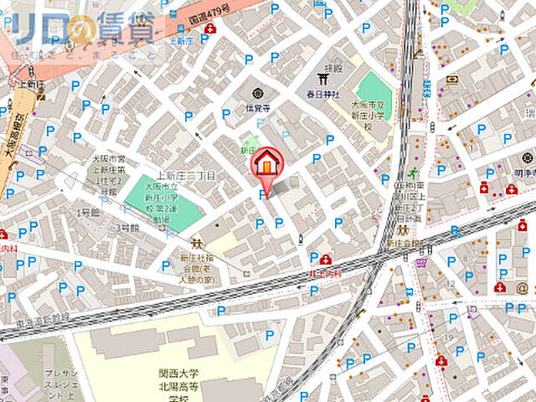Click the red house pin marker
pyautogui.click(x=267, y=162)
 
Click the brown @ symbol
pyautogui.click(x=522, y=286)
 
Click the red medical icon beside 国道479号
pyautogui.click(x=209, y=28)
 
